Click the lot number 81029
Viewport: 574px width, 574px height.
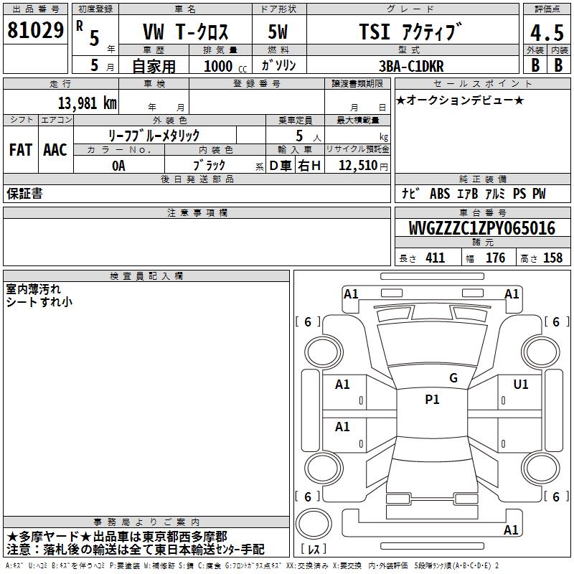pos(35,30)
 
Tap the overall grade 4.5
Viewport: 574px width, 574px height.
pos(547,32)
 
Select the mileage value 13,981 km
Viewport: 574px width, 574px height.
pos(87,103)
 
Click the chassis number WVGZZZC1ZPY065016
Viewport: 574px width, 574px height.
pos(482,228)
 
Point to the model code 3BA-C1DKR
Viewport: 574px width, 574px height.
pos(411,66)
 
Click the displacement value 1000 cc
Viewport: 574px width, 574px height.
pos(225,66)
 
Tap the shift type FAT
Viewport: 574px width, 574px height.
pos(21,150)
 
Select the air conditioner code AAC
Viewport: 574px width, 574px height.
pos(55,150)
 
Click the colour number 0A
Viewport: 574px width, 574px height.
pos(118,166)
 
